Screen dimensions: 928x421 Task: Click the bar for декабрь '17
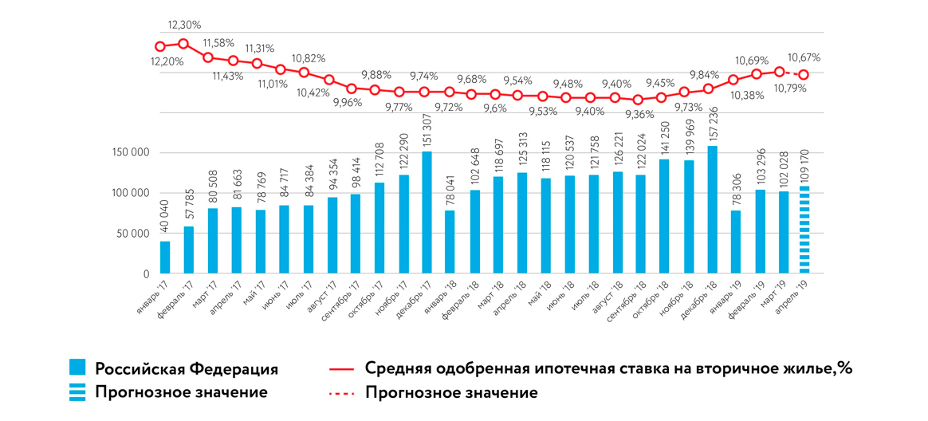(427, 213)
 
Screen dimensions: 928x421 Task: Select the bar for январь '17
(165, 258)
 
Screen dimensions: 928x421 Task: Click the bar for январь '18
(450, 242)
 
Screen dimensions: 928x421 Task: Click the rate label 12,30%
(185, 26)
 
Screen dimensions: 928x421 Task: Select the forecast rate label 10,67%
(804, 58)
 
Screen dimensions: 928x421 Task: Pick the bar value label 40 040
(165, 221)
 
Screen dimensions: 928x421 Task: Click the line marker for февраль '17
(183, 44)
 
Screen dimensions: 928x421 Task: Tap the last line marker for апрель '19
(804, 75)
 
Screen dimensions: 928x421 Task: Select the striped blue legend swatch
(77, 392)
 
